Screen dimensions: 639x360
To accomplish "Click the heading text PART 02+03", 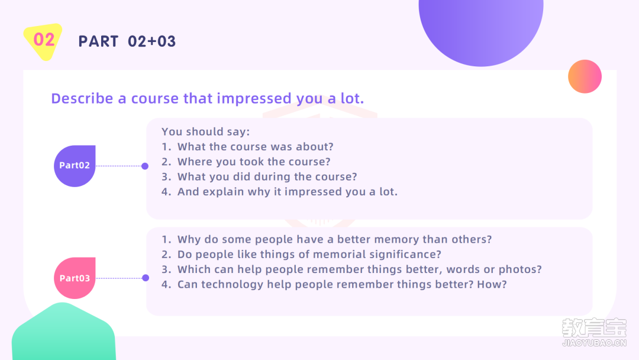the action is [127, 41].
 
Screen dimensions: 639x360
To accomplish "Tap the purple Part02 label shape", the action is [75, 166].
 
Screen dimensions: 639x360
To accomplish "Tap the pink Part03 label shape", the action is [75, 278].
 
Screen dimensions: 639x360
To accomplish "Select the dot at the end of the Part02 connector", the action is [145, 166].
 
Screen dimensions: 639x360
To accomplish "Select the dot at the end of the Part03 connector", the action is [146, 278].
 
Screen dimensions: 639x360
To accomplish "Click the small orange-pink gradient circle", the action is [585, 76].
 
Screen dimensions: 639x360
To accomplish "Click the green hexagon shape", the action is [63, 332].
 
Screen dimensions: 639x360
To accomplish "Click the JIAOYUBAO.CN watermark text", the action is [594, 343].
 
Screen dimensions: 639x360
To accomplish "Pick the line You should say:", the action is [205, 131].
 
